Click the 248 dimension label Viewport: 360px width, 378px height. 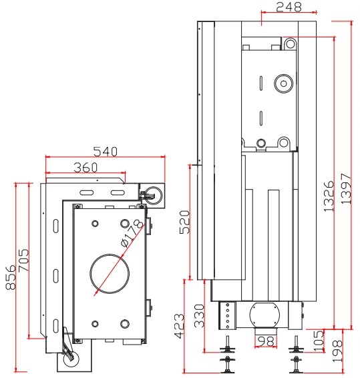pyautogui.click(x=289, y=7)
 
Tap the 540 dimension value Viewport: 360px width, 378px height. pyautogui.click(x=105, y=152)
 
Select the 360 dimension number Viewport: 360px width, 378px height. pyautogui.click(x=85, y=168)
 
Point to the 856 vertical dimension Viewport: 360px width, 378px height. pyautogui.click(x=11, y=277)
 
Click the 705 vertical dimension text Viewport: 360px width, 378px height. pyautogui.click(x=23, y=260)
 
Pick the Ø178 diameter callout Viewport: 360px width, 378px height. pyautogui.click(x=132, y=233)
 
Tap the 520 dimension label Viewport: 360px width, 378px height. pyautogui.click(x=185, y=222)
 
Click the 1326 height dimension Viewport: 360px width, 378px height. pyautogui.click(x=329, y=196)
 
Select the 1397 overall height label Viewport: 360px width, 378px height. pyautogui.click(x=346, y=188)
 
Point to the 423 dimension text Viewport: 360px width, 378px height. pyautogui.click(x=179, y=326)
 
